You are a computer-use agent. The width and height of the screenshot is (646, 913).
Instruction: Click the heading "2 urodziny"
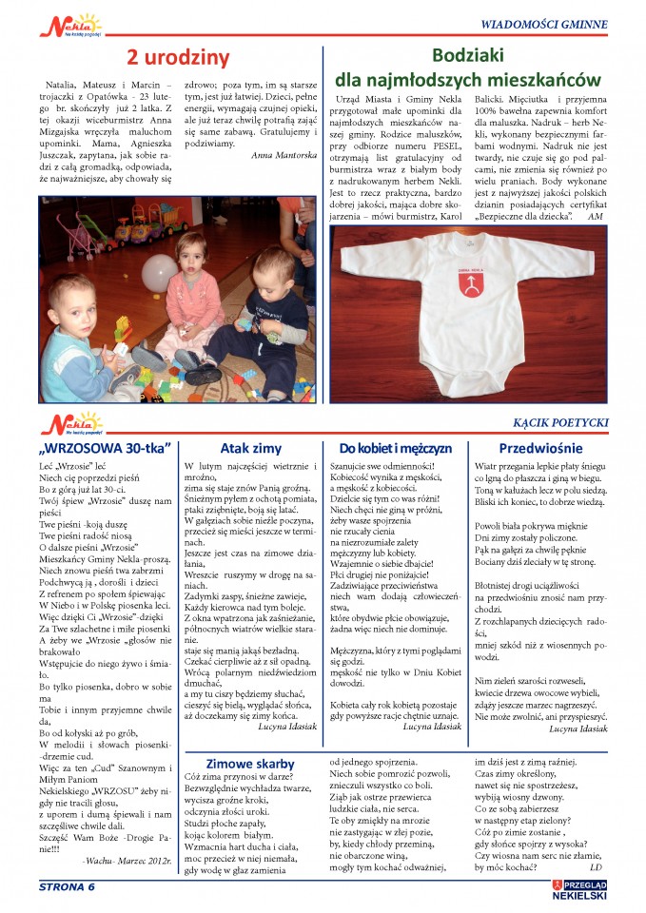pyautogui.click(x=178, y=58)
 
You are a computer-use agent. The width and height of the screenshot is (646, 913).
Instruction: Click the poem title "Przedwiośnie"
pyautogui.click(x=540, y=448)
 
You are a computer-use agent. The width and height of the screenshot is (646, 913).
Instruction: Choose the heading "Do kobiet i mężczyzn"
pyautogui.click(x=395, y=448)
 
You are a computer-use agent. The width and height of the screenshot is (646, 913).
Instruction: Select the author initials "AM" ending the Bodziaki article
pyautogui.click(x=596, y=215)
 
